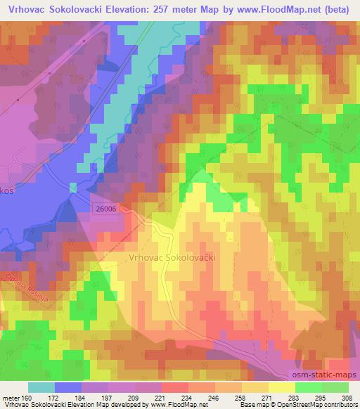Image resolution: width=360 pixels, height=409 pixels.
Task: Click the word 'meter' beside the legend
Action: click(x=11, y=398)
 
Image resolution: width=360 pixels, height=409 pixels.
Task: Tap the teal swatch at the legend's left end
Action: click(x=41, y=388)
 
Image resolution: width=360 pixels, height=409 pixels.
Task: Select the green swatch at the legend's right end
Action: click(x=335, y=388)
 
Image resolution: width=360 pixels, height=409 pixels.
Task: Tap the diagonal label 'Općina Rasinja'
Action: click(x=21, y=283)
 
